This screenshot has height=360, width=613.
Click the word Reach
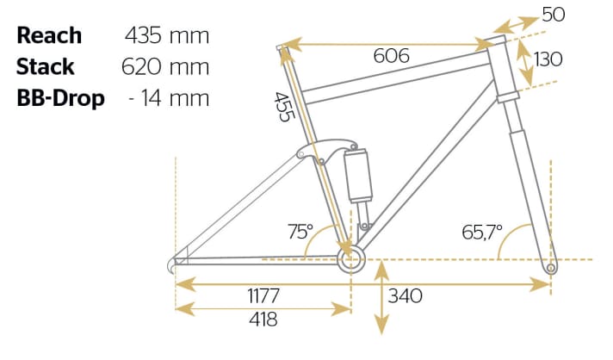point(49,35)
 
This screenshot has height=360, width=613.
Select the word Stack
point(46,66)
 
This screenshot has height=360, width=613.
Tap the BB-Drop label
point(60,97)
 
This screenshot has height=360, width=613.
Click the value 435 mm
point(167,35)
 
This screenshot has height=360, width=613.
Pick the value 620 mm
point(167,66)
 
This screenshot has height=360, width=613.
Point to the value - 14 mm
point(168,97)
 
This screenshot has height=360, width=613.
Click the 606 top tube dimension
point(393,56)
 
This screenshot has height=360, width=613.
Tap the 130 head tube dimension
point(548,59)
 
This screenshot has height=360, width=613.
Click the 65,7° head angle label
point(482,232)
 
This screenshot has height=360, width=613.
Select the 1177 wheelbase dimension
point(263,296)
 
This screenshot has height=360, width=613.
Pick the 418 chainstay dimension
point(263,320)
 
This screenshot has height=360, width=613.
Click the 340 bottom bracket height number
point(406,296)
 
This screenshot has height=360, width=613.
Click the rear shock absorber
point(357,176)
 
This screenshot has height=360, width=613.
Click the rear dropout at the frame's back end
point(177,262)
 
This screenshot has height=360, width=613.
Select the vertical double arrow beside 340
point(379,299)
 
